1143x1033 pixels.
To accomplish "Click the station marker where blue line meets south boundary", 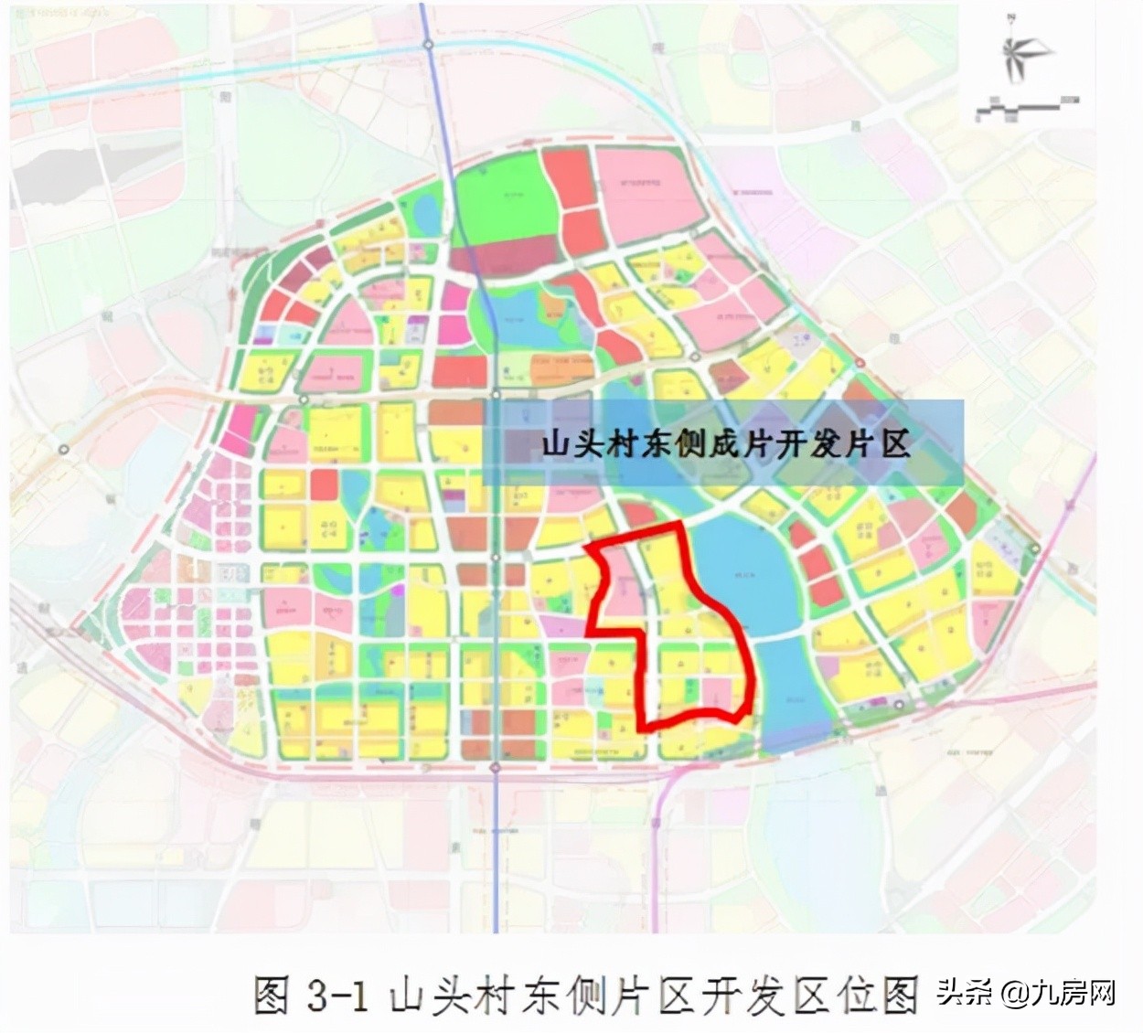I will point(495,769).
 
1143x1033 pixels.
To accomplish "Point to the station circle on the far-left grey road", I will point(64,449).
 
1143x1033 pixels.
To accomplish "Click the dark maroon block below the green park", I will point(512,257).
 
